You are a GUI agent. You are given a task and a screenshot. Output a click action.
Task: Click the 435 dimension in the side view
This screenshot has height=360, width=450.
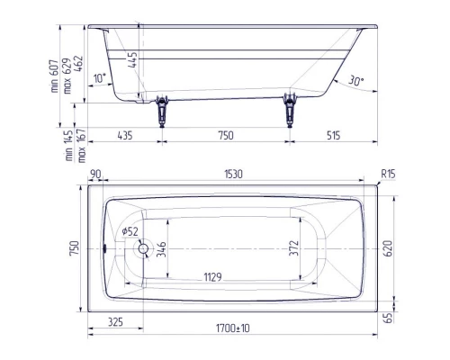click(x=125, y=136)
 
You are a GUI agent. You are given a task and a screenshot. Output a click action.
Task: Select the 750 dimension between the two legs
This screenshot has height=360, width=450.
click(x=225, y=136)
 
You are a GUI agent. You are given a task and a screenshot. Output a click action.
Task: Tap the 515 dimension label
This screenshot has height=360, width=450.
click(x=333, y=136)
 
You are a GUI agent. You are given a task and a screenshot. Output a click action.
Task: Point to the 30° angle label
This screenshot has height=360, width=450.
click(x=355, y=81)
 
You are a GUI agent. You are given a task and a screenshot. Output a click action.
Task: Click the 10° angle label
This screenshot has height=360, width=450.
click(x=98, y=77)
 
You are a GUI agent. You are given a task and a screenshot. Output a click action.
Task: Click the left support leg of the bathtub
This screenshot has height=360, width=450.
click(x=163, y=110)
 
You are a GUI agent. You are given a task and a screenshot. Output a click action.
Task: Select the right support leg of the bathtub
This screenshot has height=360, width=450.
click(x=290, y=110)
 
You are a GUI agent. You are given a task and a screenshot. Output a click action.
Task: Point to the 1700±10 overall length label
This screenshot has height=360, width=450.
click(x=231, y=329)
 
